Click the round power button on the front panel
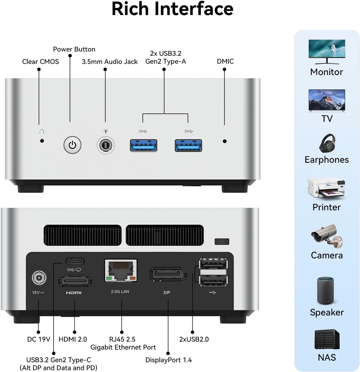pyautogui.click(x=72, y=145)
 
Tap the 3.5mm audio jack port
pyautogui.click(x=106, y=145)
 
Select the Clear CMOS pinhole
pyautogui.click(x=42, y=141)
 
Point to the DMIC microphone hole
pyautogui.click(x=225, y=141)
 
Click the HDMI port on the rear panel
pyautogui.click(x=75, y=281)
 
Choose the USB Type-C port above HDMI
pyautogui.click(x=75, y=261)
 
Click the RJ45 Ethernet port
pyautogui.click(x=121, y=270)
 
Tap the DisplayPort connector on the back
pyautogui.click(x=168, y=275)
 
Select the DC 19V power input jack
pyautogui.click(x=39, y=278)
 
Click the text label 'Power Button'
pyautogui.click(x=74, y=49)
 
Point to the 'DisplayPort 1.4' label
pyautogui.click(x=168, y=360)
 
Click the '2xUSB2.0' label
pyautogui.click(x=194, y=339)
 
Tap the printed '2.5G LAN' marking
pyautogui.click(x=120, y=292)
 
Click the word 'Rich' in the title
pyautogui.click(x=130, y=9)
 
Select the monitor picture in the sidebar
pyautogui.click(x=327, y=52)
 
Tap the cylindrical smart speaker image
pyautogui.click(x=325, y=291)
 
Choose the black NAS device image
pyautogui.click(x=327, y=339)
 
